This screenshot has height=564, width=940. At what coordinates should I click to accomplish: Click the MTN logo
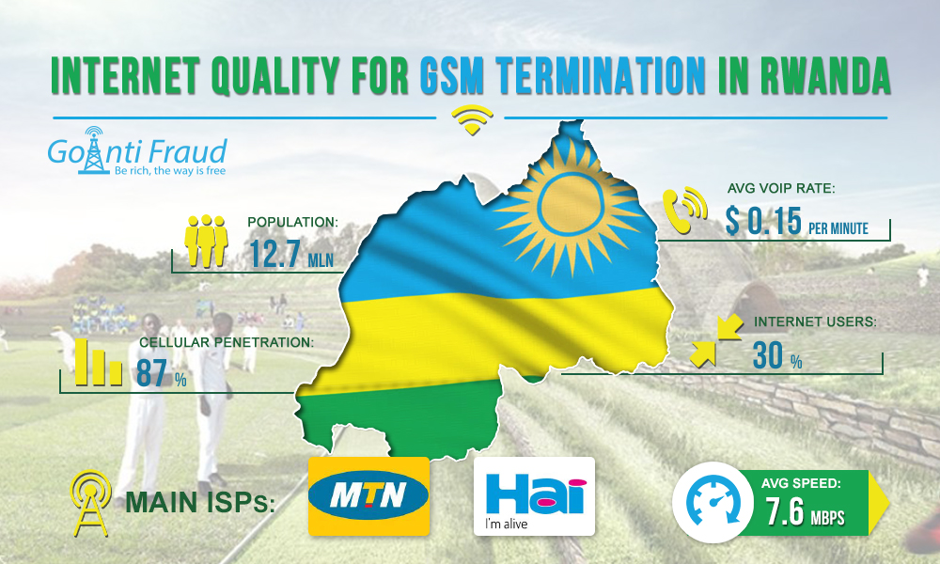368,496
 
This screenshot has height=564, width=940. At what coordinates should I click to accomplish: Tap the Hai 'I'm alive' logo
534,496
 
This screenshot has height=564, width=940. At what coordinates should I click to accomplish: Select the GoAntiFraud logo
137,151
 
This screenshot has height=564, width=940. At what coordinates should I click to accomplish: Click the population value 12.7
274,254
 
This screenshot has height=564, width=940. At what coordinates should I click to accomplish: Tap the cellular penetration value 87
151,373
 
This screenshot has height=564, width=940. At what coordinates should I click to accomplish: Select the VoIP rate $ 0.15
763,221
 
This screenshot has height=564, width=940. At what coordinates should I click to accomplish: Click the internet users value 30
768,354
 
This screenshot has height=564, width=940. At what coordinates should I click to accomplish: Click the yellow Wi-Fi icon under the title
472,120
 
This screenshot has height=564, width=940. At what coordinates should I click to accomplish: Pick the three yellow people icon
206,241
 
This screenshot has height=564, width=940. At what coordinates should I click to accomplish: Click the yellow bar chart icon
99,363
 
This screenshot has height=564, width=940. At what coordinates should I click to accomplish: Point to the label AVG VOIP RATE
781,188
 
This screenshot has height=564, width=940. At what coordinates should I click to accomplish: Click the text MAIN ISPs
200,502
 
